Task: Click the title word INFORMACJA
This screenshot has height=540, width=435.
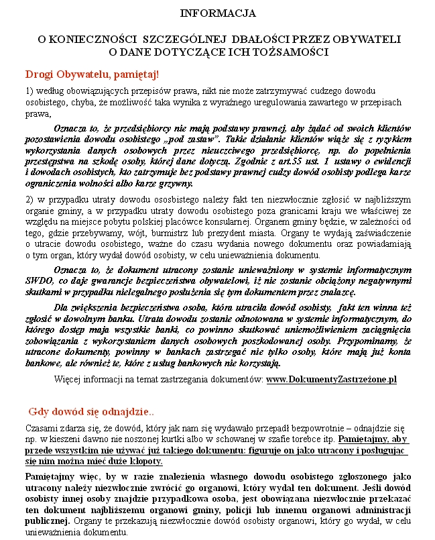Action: (218, 13)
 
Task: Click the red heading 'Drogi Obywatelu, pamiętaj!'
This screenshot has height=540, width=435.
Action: (92, 74)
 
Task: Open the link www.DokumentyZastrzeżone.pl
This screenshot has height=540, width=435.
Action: (331, 380)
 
